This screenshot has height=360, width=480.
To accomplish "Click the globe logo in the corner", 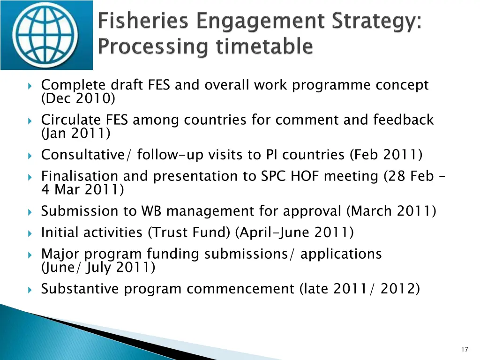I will point(47,35).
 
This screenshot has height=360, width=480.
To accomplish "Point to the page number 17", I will point(465,349).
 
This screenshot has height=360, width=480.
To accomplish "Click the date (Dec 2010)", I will point(78,98).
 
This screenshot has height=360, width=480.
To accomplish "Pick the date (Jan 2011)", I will point(76,134).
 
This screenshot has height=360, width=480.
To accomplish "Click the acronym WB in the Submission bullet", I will point(152,211).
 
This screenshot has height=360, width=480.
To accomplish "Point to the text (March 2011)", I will point(391,211).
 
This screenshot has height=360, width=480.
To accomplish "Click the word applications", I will point(341,254).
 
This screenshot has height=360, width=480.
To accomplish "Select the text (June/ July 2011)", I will point(98,268).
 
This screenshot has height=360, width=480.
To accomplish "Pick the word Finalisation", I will point(80,176).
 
